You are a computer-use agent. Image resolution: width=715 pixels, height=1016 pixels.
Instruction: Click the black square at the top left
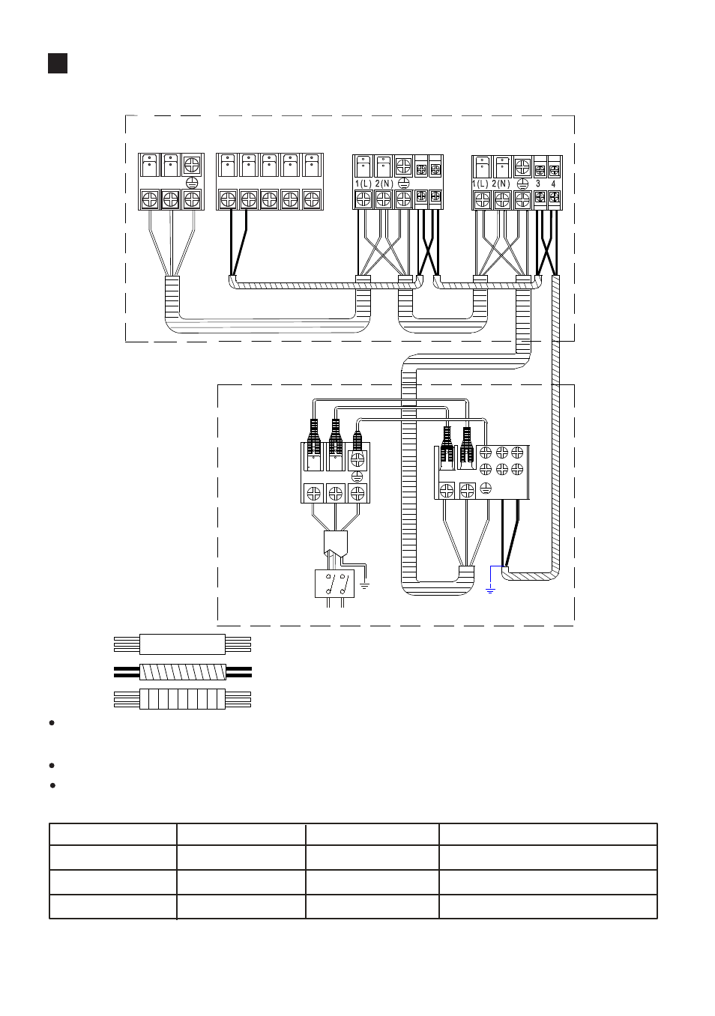pyautogui.click(x=58, y=63)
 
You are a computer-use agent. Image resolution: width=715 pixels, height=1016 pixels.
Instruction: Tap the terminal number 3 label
pyautogui.click(x=538, y=184)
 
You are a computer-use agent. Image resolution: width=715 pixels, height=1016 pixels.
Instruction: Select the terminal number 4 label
pyautogui.click(x=553, y=184)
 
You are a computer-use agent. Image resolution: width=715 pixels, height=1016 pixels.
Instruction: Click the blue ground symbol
pyautogui.click(x=490, y=590)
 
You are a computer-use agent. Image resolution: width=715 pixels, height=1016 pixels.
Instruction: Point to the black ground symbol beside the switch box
pyautogui.click(x=364, y=585)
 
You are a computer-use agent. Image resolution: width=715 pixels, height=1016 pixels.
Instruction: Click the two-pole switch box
pyautogui.click(x=334, y=584)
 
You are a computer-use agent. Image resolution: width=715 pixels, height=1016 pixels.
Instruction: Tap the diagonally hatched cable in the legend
pyautogui.click(x=182, y=672)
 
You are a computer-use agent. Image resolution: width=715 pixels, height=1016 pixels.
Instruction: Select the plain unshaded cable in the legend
pyautogui.click(x=182, y=644)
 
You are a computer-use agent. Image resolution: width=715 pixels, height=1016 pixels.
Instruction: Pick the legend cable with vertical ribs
pyautogui.click(x=182, y=699)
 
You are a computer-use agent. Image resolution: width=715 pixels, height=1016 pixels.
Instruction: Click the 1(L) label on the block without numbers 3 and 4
pyautogui.click(x=363, y=184)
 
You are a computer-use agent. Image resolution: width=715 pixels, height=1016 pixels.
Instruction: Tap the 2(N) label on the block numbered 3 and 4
pyautogui.click(x=501, y=184)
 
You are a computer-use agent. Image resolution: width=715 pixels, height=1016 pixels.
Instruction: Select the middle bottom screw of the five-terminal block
pyautogui.click(x=270, y=199)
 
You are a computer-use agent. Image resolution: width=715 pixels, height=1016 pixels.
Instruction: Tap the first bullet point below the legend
pyautogui.click(x=52, y=723)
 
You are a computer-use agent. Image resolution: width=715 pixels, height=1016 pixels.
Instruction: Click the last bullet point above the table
pyautogui.click(x=52, y=785)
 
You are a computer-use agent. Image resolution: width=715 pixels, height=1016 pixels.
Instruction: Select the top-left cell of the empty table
pyautogui.click(x=113, y=834)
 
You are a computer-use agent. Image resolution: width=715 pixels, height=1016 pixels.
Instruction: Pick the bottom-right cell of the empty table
pyautogui.click(x=548, y=907)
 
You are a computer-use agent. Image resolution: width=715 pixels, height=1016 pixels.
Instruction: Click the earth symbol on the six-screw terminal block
pyautogui.click(x=486, y=489)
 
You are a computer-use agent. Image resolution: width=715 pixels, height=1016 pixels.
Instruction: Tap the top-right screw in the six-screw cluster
pyautogui.click(x=516, y=453)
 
